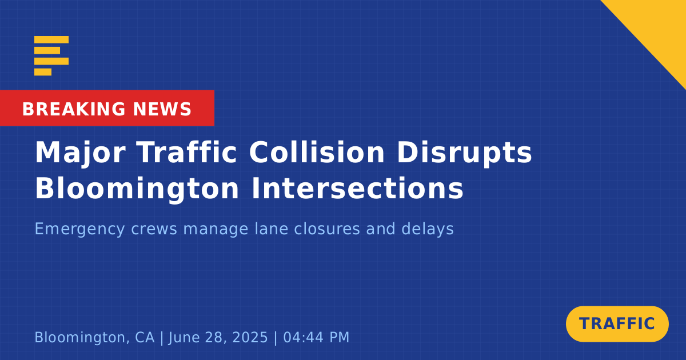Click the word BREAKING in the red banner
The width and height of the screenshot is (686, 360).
pyautogui.click(x=74, y=109)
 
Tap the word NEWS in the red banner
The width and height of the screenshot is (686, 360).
pyautogui.click(x=162, y=109)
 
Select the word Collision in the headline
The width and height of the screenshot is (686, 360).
pyautogui.click(x=317, y=152)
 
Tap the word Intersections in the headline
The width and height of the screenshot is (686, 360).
pyautogui.click(x=357, y=188)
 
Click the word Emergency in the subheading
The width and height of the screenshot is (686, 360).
pyautogui.click(x=79, y=229)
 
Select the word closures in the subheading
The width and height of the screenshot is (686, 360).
pyautogui.click(x=327, y=229)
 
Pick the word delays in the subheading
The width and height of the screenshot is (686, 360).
pyautogui.click(x=428, y=229)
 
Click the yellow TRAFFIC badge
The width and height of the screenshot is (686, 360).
pyautogui.click(x=617, y=324)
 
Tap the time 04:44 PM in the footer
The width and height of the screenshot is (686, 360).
pyautogui.click(x=316, y=337)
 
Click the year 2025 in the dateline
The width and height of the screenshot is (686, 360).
pyautogui.click(x=250, y=337)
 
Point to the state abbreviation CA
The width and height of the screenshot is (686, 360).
pyautogui.click(x=145, y=337)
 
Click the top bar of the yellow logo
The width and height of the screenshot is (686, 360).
pyautogui.click(x=51, y=39)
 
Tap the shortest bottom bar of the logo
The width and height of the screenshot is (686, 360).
pyautogui.click(x=43, y=72)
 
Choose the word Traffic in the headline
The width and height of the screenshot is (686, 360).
pyautogui.click(x=186, y=152)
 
